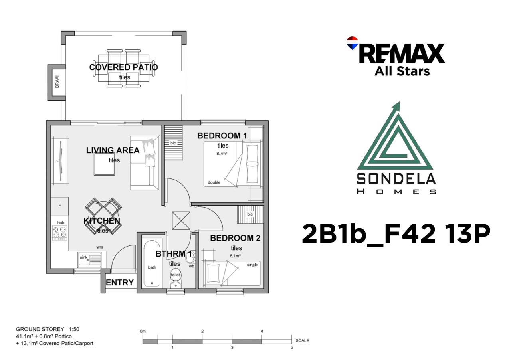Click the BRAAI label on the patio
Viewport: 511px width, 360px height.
(x=57, y=82)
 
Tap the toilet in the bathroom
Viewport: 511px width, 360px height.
(x=175, y=279)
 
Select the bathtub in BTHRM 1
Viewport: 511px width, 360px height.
(x=152, y=263)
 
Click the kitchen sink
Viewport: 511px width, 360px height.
(x=89, y=259)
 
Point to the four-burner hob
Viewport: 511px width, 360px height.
(x=60, y=233)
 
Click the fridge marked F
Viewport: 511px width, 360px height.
(x=60, y=206)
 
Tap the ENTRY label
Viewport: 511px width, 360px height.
(x=120, y=283)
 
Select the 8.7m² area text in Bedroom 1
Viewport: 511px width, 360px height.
(x=222, y=154)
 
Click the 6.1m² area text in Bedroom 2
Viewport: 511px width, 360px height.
(x=235, y=256)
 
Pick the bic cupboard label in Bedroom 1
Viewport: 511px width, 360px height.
(x=173, y=143)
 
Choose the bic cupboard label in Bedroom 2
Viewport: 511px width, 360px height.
(x=250, y=214)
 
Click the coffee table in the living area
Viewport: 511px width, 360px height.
(x=105, y=164)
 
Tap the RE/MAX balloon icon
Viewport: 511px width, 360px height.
(x=352, y=43)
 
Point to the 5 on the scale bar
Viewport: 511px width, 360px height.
(x=291, y=348)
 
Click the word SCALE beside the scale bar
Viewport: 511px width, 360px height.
(x=302, y=340)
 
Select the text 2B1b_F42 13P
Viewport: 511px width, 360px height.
(x=396, y=233)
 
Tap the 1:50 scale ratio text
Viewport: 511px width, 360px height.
(x=74, y=329)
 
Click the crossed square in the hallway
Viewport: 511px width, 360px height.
(x=181, y=220)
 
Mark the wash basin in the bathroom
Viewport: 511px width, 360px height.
(x=190, y=257)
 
